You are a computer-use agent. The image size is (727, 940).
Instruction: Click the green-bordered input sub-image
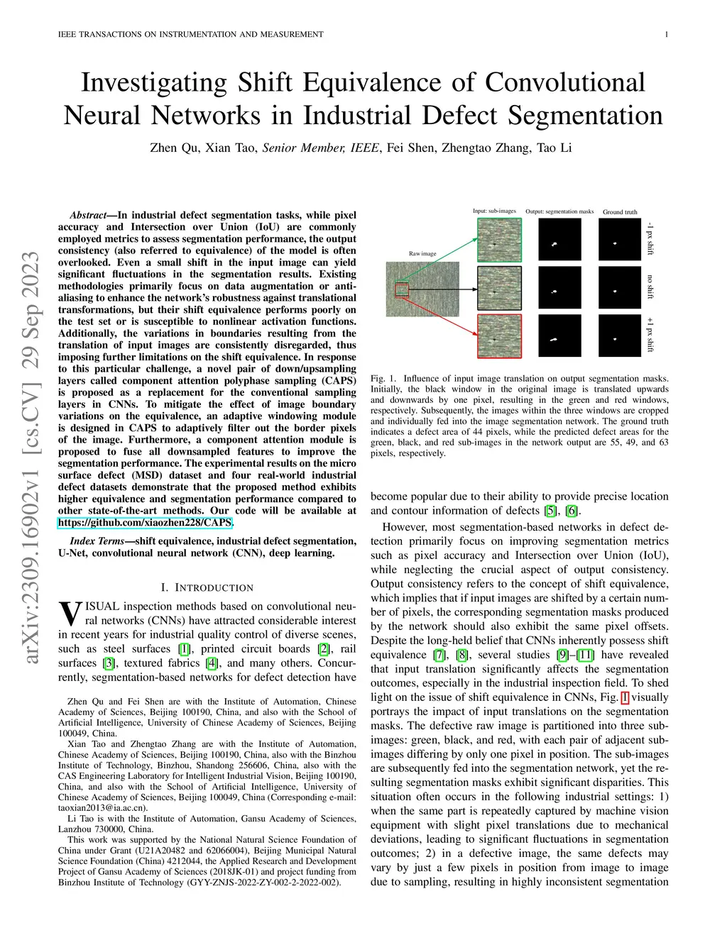pos(499,239)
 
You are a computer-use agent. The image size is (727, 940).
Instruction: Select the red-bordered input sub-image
pos(499,337)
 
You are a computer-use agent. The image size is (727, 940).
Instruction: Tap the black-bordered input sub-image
pos(499,288)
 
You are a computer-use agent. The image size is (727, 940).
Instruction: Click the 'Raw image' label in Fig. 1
pos(422,253)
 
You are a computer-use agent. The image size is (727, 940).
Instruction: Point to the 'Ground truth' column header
pos(620,212)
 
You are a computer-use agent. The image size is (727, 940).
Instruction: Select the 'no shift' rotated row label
pos(650,287)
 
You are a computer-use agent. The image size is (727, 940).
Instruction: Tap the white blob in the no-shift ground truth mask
pos(615,290)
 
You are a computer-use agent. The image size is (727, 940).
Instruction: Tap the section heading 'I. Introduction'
pos(207,587)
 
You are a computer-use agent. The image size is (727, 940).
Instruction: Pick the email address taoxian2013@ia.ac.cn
pos(102,807)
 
